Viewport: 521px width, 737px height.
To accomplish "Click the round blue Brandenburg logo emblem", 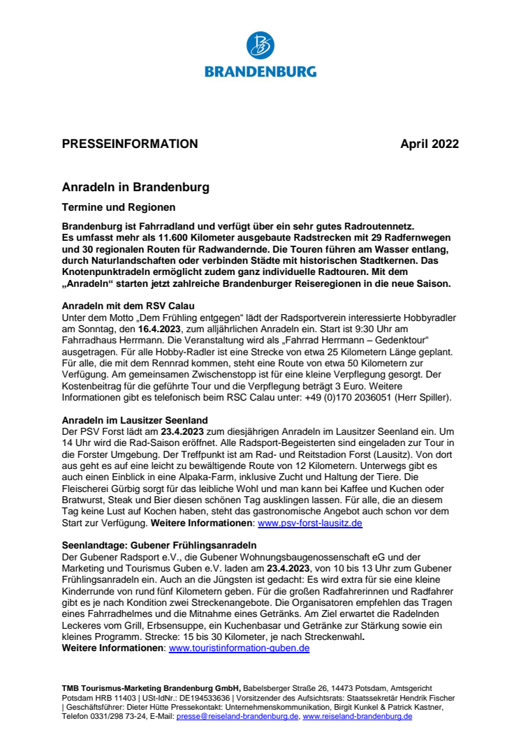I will pyautogui.click(x=260, y=45).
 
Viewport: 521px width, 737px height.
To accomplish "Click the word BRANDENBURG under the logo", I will pyautogui.click(x=260, y=71).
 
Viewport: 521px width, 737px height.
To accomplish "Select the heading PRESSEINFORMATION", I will pyautogui.click(x=130, y=144).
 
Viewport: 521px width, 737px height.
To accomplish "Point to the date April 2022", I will pyautogui.click(x=430, y=144).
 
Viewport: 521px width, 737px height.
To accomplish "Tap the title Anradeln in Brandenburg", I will pyautogui.click(x=135, y=188).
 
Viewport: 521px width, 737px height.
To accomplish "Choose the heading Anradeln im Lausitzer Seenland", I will pyautogui.click(x=135, y=419).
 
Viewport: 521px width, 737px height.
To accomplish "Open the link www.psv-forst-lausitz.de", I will pyautogui.click(x=310, y=523).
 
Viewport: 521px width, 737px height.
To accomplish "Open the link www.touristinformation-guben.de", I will pyautogui.click(x=240, y=648).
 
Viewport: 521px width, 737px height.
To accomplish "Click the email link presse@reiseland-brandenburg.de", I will pyautogui.click(x=237, y=716).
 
